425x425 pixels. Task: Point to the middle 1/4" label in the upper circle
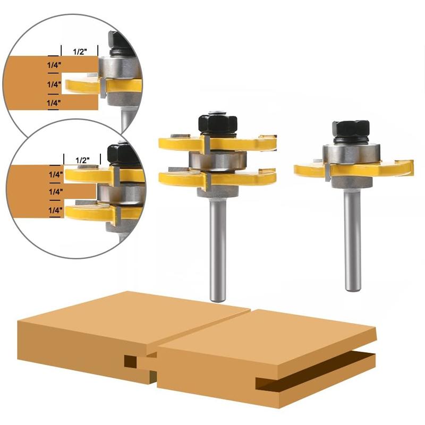(53, 83)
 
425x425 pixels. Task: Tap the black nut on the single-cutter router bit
(351, 130)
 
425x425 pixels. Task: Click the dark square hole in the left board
(131, 362)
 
